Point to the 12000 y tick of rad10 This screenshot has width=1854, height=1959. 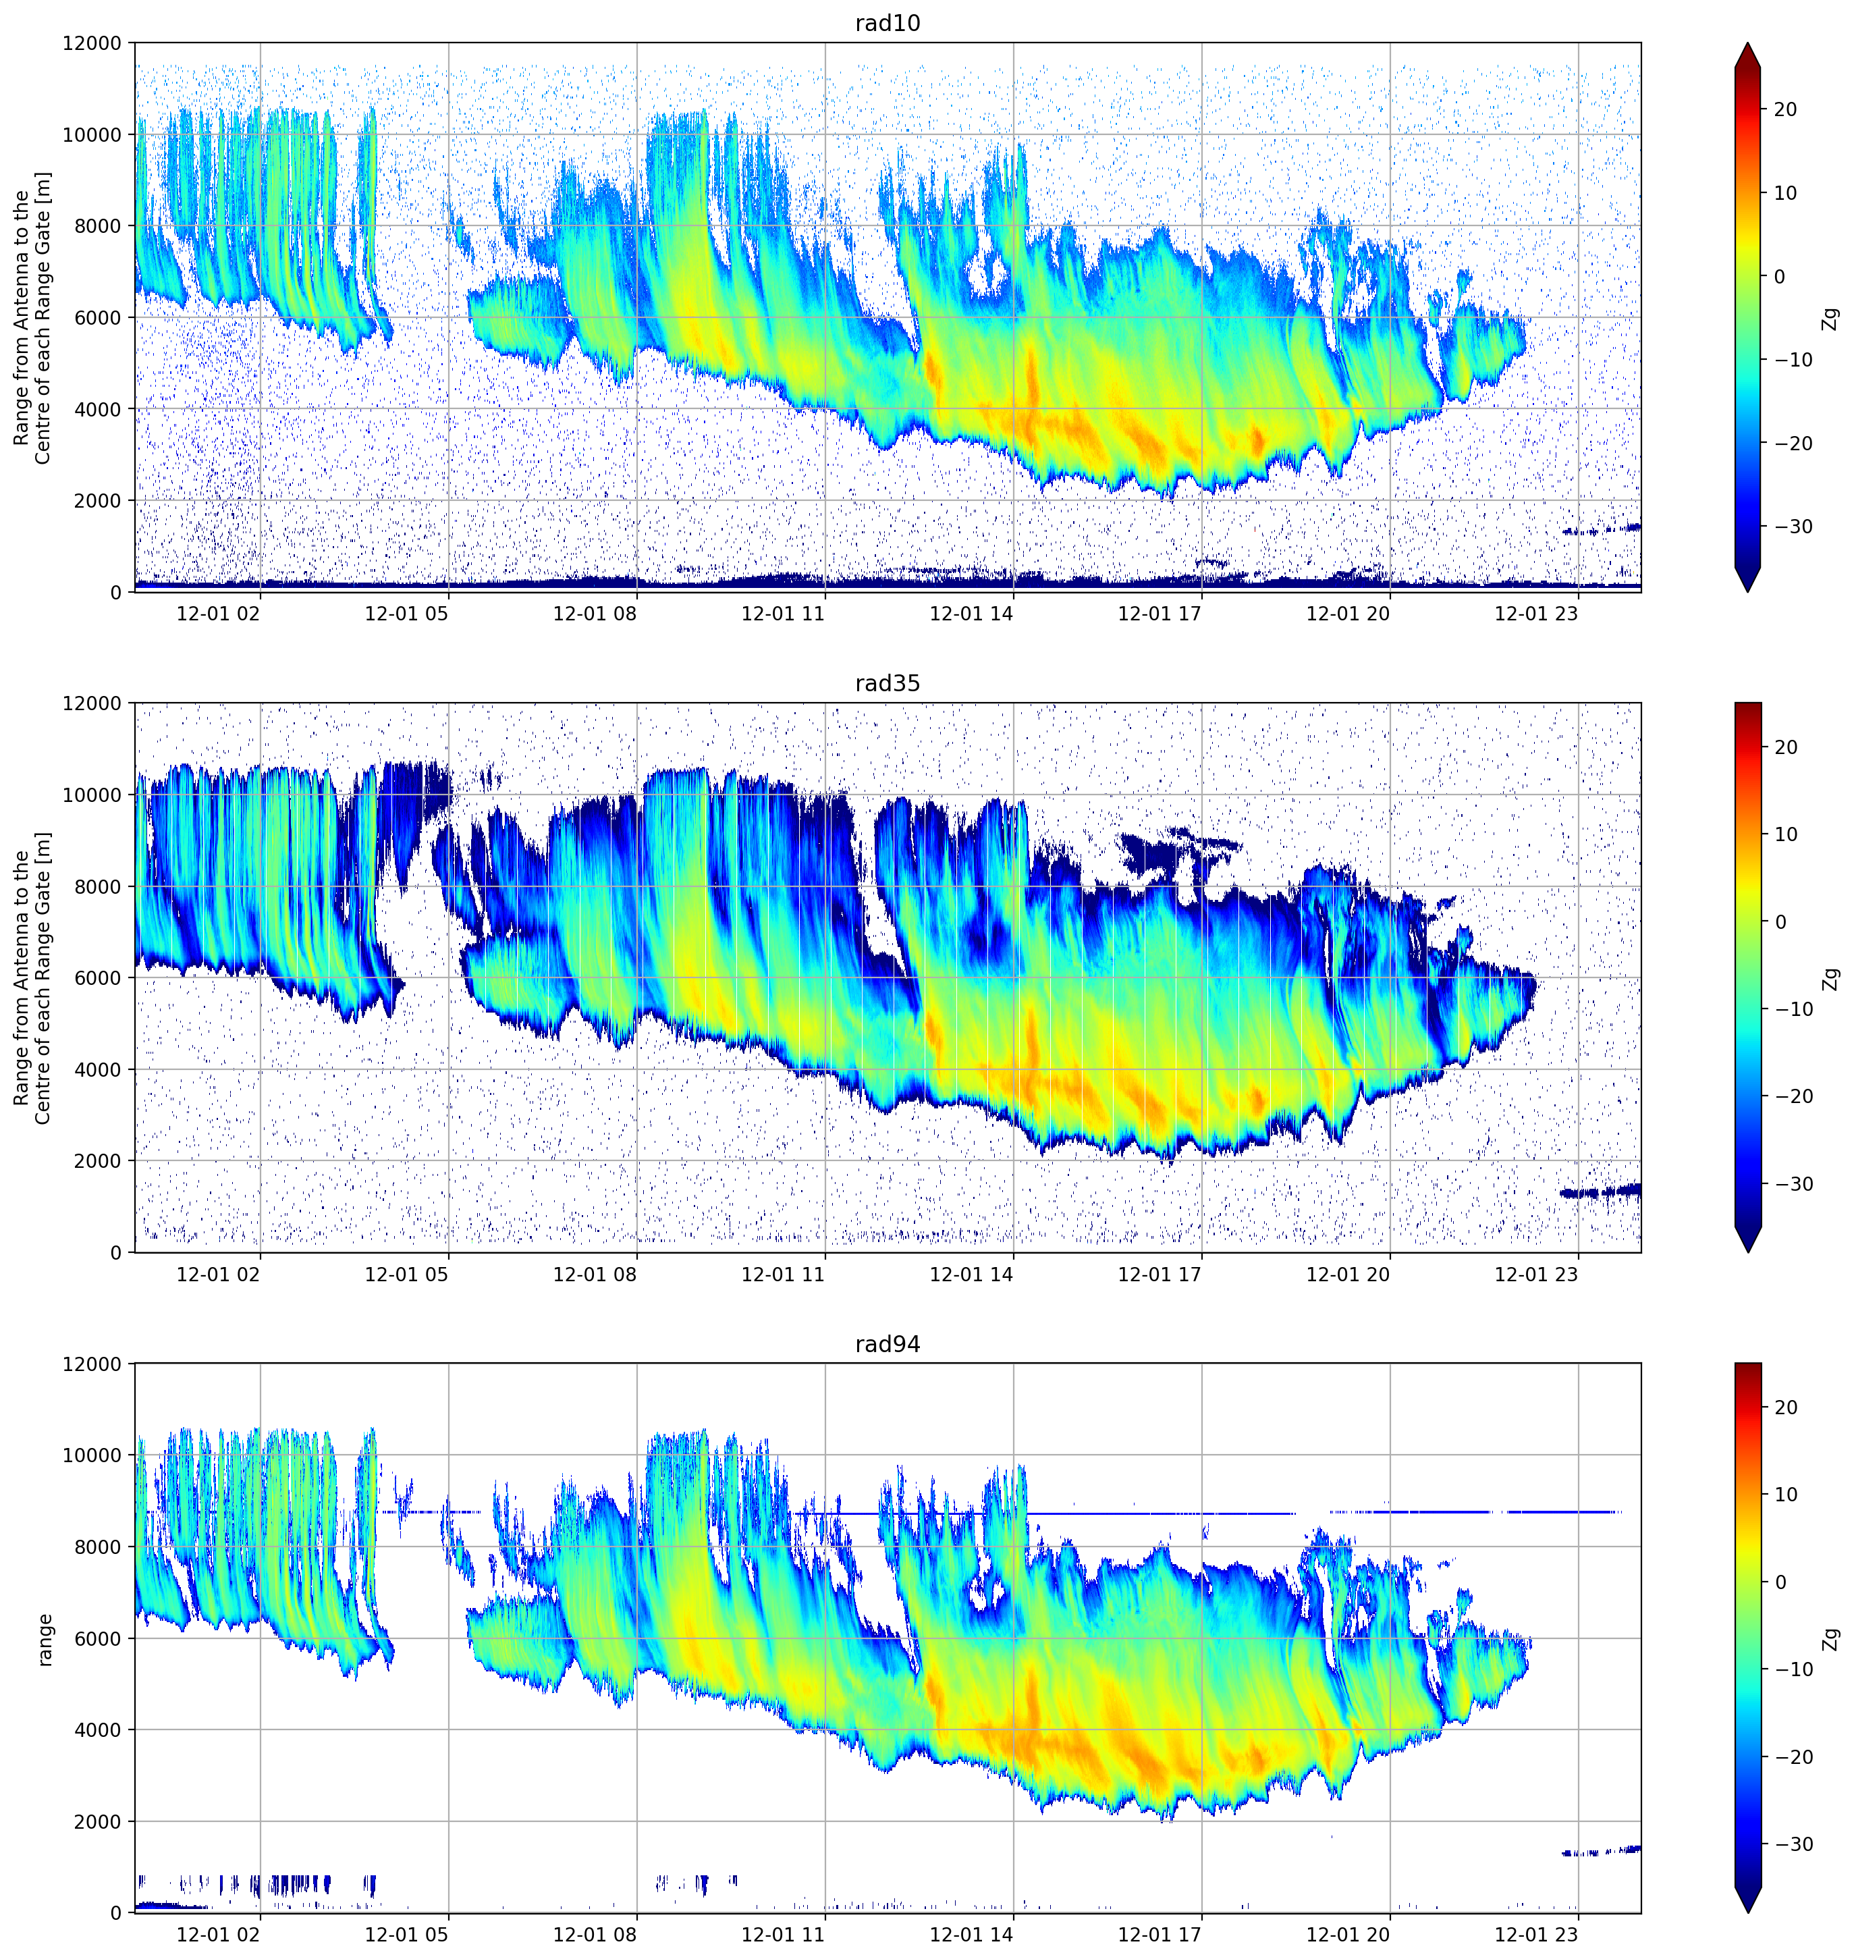coord(92,43)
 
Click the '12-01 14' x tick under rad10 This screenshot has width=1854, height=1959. coord(971,614)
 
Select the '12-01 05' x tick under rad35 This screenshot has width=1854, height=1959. coord(406,1274)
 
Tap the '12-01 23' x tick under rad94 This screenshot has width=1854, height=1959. coord(1536,1934)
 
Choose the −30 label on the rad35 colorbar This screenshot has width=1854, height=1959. coord(1793,1184)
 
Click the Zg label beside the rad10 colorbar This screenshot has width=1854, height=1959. coord(1831,318)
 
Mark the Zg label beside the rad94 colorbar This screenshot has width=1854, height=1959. coord(1831,1639)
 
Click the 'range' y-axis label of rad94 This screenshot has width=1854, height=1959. coord(45,1640)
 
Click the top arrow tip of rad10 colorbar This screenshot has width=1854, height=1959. coord(1747,43)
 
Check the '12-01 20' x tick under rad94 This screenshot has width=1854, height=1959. coord(1348,1934)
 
